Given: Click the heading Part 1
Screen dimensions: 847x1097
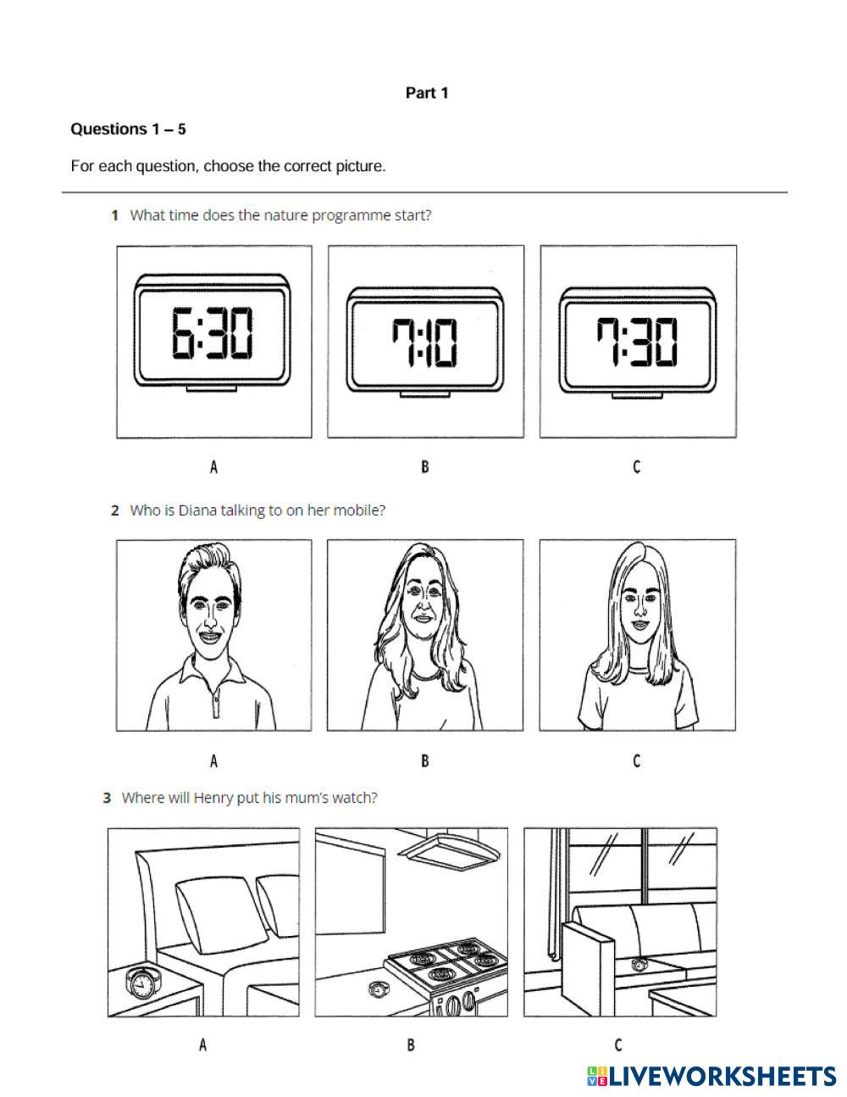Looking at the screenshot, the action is click(427, 93).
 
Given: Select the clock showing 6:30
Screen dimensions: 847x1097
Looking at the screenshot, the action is click(213, 332).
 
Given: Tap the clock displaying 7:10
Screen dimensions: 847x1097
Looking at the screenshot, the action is click(425, 342).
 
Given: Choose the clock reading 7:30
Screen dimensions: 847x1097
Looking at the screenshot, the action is click(637, 342).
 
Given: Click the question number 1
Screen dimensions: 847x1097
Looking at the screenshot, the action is click(115, 215).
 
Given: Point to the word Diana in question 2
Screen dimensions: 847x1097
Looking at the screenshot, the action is click(197, 510).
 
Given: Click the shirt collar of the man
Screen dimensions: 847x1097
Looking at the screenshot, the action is click(213, 671).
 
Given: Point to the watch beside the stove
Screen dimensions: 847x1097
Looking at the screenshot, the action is click(377, 989).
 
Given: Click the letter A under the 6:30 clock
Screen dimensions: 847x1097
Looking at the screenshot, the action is click(213, 467).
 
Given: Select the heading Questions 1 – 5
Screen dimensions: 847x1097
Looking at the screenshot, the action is click(128, 129).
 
